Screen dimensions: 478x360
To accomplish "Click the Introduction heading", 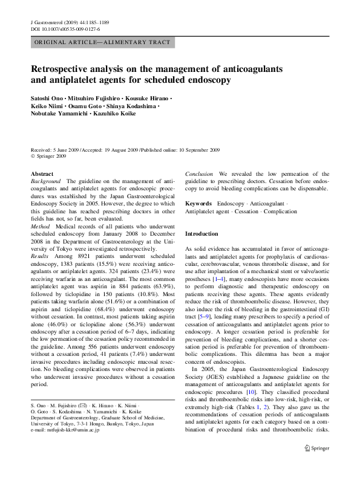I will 201,233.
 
